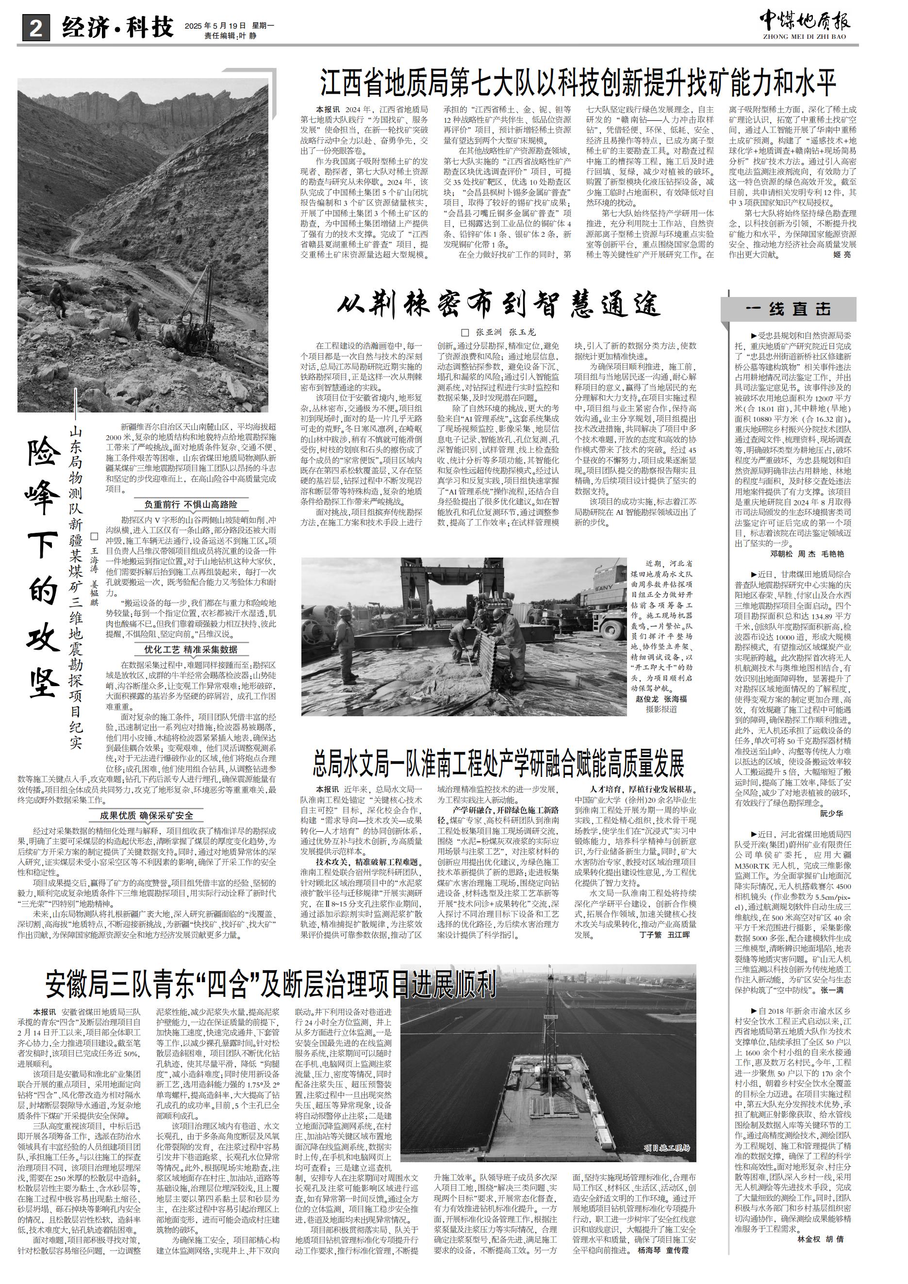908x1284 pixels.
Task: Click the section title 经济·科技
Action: (118, 27)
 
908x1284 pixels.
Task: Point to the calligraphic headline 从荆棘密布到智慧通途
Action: (499, 305)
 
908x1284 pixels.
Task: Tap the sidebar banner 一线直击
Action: (788, 309)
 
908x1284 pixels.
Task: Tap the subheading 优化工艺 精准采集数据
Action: (191, 649)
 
